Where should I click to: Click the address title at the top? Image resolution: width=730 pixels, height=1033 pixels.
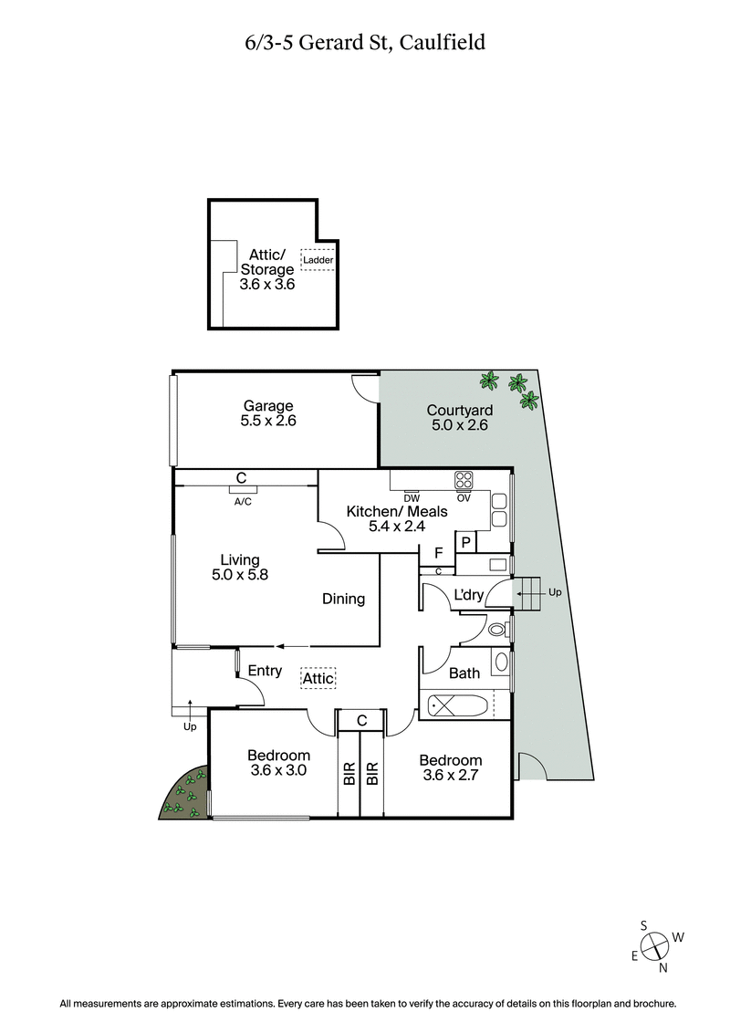(x=365, y=42)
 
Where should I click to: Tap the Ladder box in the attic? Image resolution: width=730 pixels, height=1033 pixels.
(x=318, y=260)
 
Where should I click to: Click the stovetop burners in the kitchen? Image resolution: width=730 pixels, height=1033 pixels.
(x=464, y=480)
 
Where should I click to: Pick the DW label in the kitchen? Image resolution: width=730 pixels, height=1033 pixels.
(x=412, y=497)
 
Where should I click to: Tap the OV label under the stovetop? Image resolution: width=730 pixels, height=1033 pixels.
(x=464, y=497)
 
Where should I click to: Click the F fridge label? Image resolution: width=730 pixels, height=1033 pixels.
(x=438, y=553)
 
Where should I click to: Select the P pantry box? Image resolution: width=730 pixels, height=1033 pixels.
(x=465, y=543)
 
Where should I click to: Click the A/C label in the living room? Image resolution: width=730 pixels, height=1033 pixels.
(x=243, y=501)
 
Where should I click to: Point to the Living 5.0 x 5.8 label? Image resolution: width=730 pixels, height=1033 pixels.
(x=240, y=568)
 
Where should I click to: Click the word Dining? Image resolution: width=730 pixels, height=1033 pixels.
(x=343, y=600)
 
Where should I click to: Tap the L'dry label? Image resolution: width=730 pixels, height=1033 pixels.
(x=468, y=596)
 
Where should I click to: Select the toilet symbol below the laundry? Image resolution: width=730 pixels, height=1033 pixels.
(x=497, y=629)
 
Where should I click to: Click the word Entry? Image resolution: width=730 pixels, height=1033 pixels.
(x=265, y=672)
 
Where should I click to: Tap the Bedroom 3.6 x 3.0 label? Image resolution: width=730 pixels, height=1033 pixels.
(x=279, y=762)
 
